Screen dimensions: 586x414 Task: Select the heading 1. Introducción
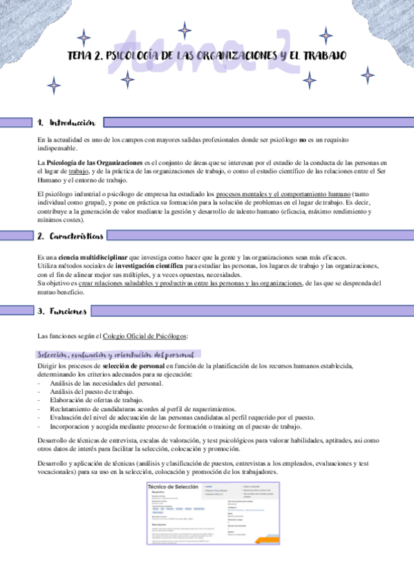tap(66, 122)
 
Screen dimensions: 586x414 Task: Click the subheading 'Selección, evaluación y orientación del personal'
tap(115, 355)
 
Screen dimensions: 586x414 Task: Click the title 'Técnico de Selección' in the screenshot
tap(173, 487)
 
